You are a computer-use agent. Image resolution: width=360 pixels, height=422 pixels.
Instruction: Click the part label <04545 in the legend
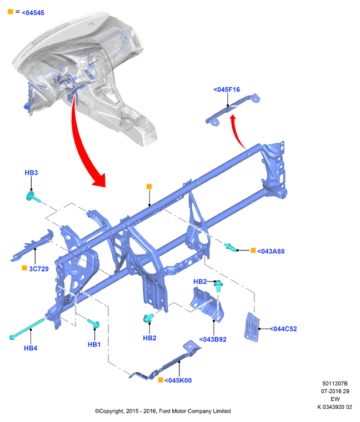click(33, 13)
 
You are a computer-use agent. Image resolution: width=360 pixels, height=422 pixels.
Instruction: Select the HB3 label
click(31, 173)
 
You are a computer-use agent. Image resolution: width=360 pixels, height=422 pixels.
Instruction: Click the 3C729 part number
click(39, 269)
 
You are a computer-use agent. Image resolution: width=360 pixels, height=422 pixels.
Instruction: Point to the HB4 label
click(31, 348)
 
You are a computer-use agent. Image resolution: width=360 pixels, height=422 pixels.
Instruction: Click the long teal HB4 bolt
click(28, 328)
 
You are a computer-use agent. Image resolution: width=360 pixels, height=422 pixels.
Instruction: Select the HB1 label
click(94, 344)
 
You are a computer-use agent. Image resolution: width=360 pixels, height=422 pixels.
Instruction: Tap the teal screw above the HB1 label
click(94, 323)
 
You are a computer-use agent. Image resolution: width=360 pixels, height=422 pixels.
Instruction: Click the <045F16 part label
click(227, 89)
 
